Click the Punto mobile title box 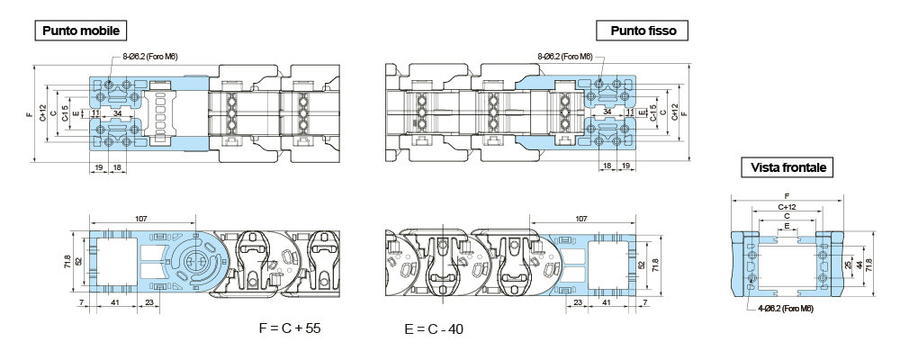click(x=80, y=31)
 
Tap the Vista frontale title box click(x=787, y=167)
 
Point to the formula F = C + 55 click(x=290, y=328)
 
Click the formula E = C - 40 click(x=434, y=328)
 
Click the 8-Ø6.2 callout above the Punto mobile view click(x=149, y=57)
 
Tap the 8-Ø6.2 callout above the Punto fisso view click(x=564, y=57)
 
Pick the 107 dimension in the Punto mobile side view click(x=141, y=218)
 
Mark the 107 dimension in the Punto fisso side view click(x=580, y=218)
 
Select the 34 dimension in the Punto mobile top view click(x=120, y=112)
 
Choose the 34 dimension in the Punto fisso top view click(x=608, y=112)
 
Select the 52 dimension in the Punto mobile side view click(x=78, y=261)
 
